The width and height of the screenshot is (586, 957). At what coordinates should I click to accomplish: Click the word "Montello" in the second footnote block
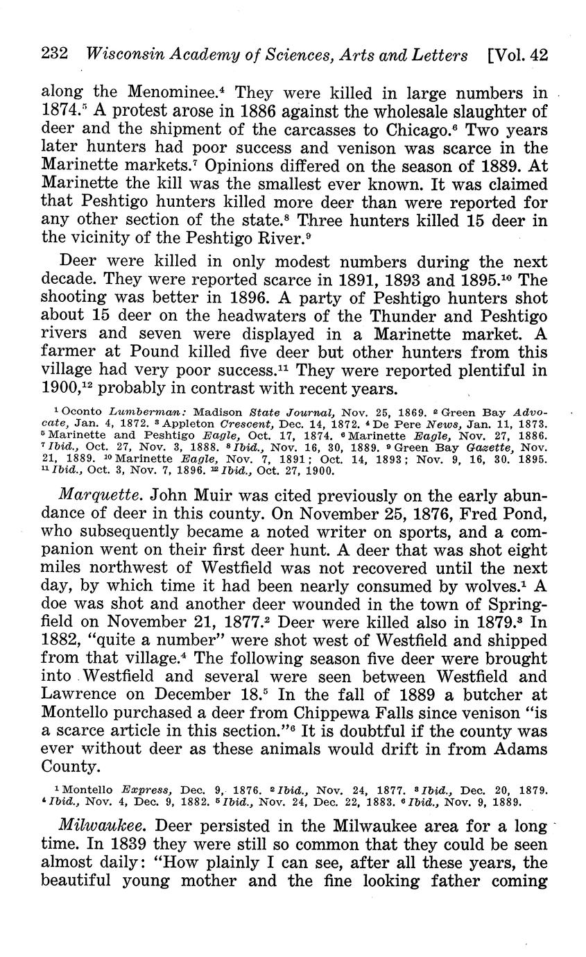89,790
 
